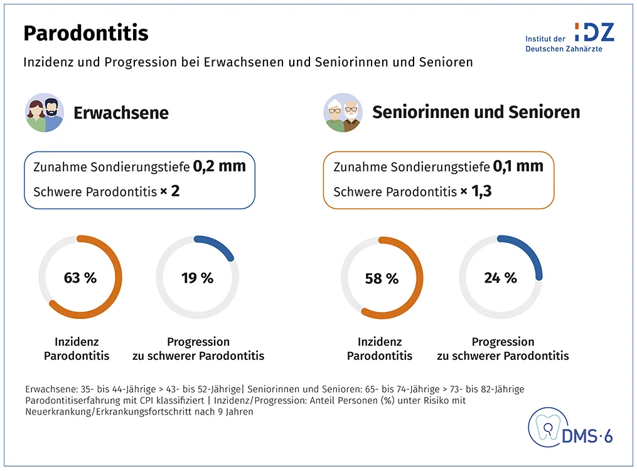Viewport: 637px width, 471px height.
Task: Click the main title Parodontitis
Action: click(x=86, y=33)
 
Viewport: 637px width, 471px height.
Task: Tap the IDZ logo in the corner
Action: click(x=569, y=37)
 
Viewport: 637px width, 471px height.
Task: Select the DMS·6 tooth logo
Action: click(x=570, y=430)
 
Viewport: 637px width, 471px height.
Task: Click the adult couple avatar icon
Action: click(x=44, y=112)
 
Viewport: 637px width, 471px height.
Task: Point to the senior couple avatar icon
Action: click(x=343, y=112)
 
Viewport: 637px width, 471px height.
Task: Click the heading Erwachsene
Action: click(x=121, y=113)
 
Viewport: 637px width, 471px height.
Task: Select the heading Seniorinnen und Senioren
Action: click(x=476, y=112)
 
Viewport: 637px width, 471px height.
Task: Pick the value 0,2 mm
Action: click(x=219, y=166)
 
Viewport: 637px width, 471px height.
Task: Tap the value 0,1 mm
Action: click(x=518, y=166)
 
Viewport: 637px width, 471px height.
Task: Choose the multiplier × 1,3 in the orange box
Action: click(x=476, y=191)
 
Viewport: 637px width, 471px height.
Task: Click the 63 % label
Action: click(x=80, y=278)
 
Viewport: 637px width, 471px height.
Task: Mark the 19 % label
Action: click(x=197, y=278)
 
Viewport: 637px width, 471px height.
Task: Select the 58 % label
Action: click(x=382, y=278)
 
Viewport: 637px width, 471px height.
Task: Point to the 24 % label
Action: click(x=500, y=278)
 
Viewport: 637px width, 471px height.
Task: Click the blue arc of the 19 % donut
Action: click(x=217, y=245)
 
